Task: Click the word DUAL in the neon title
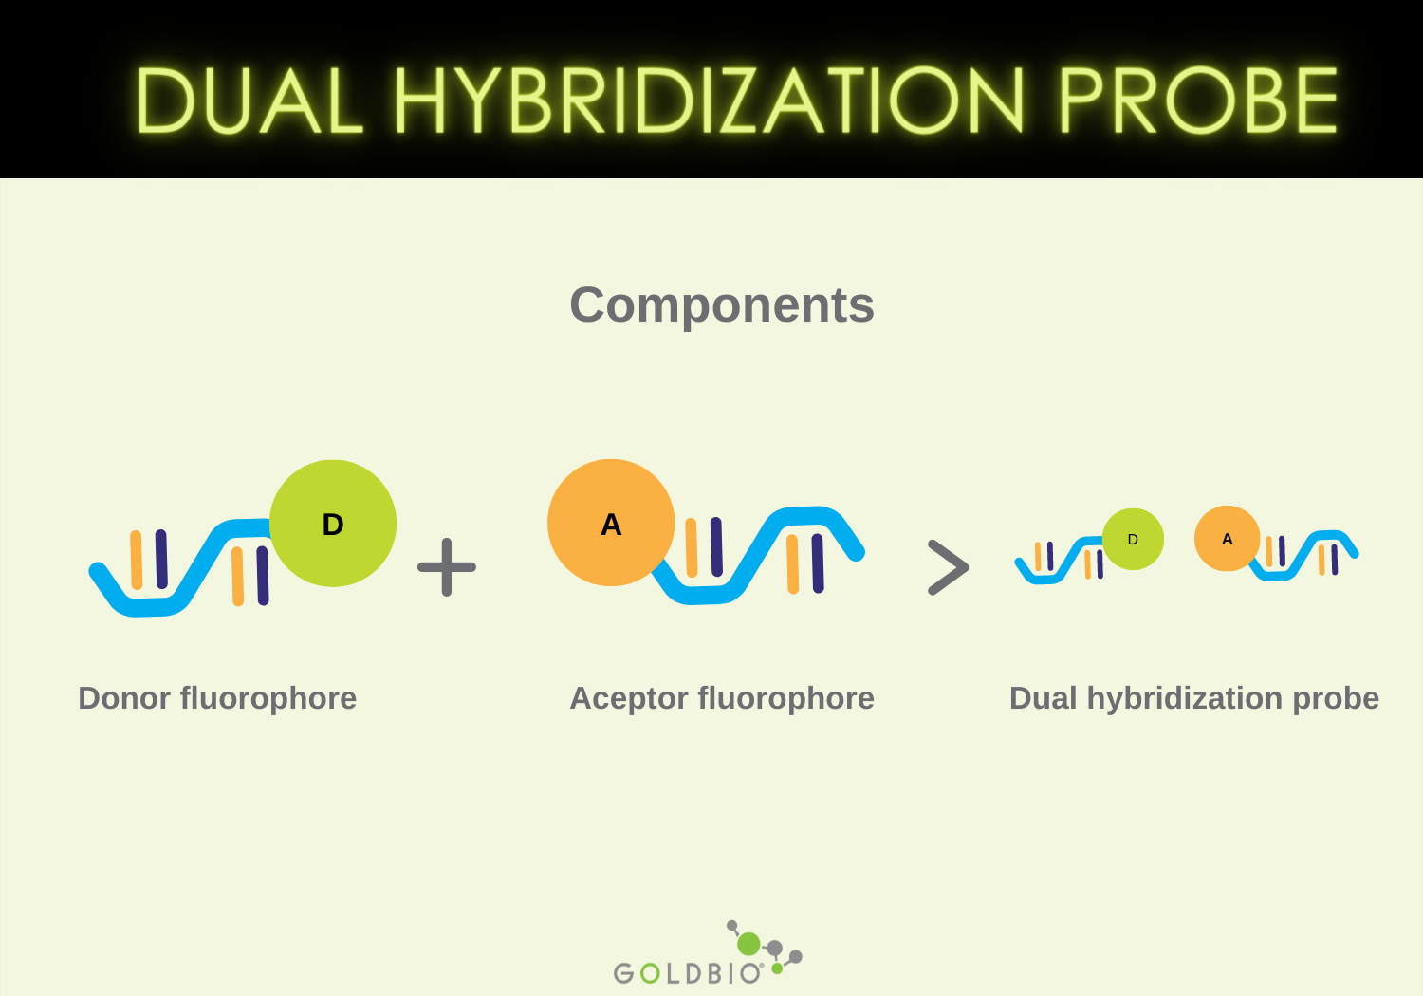(x=249, y=101)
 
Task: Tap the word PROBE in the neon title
(x=1197, y=101)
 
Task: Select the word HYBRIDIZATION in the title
(x=709, y=101)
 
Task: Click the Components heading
(x=721, y=305)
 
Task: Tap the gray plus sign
(x=447, y=567)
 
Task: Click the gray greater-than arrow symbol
(x=948, y=567)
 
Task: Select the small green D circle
(x=1133, y=539)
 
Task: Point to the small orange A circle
(x=1227, y=539)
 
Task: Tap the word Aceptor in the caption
(x=628, y=698)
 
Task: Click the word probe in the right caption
(x=1336, y=699)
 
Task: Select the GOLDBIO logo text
(x=687, y=973)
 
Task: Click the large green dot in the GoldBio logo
(x=748, y=944)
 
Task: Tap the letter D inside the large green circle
(x=333, y=525)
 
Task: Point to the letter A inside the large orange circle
(x=611, y=525)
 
